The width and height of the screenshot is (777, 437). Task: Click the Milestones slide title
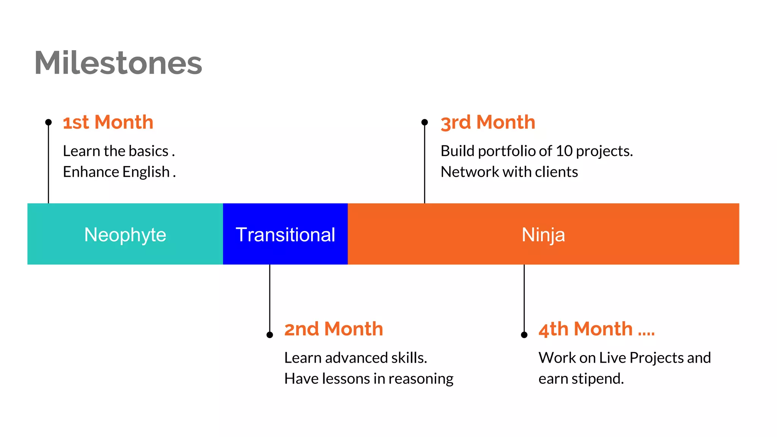pyautogui.click(x=118, y=63)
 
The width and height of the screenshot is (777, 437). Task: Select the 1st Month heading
pyautogui.click(x=108, y=123)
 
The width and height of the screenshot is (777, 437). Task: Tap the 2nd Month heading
pyautogui.click(x=333, y=329)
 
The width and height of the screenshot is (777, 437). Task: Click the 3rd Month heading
pyautogui.click(x=488, y=123)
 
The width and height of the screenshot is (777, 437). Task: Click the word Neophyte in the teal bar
pyautogui.click(x=125, y=234)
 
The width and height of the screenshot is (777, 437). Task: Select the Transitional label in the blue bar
pyautogui.click(x=285, y=234)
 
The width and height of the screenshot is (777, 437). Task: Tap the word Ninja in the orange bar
pyautogui.click(x=543, y=234)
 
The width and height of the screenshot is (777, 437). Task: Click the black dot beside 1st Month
pyautogui.click(x=48, y=122)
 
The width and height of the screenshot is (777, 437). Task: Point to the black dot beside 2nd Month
pyautogui.click(x=270, y=335)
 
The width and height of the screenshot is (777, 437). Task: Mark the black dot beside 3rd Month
pyautogui.click(x=425, y=122)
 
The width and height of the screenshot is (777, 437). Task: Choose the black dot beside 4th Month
pyautogui.click(x=524, y=335)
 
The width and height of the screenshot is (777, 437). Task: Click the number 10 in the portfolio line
pyautogui.click(x=564, y=151)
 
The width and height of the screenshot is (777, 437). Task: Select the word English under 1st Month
pyautogui.click(x=146, y=172)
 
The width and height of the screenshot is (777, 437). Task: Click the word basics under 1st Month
pyautogui.click(x=148, y=151)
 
